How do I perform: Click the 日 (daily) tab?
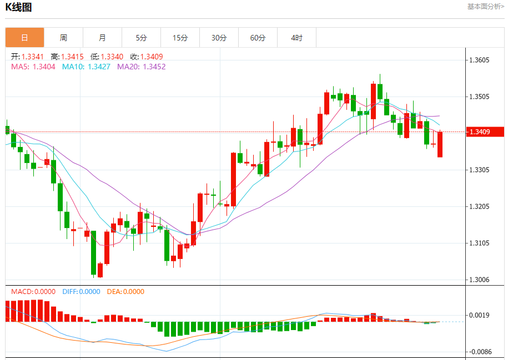click(24, 38)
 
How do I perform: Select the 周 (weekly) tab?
click(63, 38)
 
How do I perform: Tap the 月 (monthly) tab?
click(102, 38)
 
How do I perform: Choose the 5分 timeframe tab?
click(141, 38)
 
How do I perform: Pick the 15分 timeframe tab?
click(180, 38)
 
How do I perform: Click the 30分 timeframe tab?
click(219, 38)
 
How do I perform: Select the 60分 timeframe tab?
click(258, 38)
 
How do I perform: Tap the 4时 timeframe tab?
click(296, 38)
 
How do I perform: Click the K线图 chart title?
click(18, 7)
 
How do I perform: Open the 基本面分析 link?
click(485, 7)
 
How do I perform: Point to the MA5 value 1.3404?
click(44, 67)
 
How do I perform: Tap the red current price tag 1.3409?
click(485, 131)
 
